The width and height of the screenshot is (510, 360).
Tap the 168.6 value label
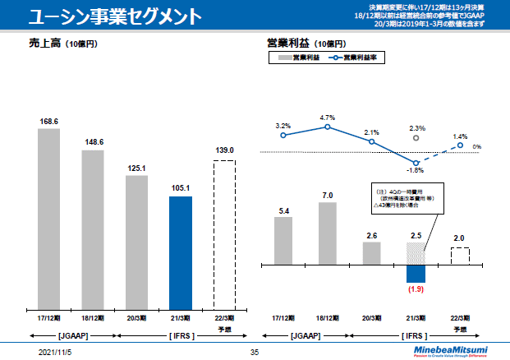click(x=49, y=121)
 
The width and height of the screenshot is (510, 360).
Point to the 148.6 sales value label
click(x=93, y=141)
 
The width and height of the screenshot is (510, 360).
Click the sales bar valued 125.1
click(x=136, y=240)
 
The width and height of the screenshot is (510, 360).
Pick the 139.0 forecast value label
click(x=224, y=151)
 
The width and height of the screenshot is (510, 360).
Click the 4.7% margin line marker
click(x=328, y=127)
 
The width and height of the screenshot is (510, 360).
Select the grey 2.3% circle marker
click(x=416, y=139)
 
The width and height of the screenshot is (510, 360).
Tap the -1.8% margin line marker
click(x=416, y=162)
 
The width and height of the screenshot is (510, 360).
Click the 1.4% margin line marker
click(x=461, y=145)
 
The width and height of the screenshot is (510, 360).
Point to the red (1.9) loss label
click(x=416, y=289)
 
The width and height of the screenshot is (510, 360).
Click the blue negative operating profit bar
click(x=416, y=273)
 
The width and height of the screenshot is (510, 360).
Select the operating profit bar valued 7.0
click(x=328, y=233)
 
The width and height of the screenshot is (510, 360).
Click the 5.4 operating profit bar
click(x=283, y=241)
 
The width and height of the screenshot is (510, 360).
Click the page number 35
click(x=254, y=351)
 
